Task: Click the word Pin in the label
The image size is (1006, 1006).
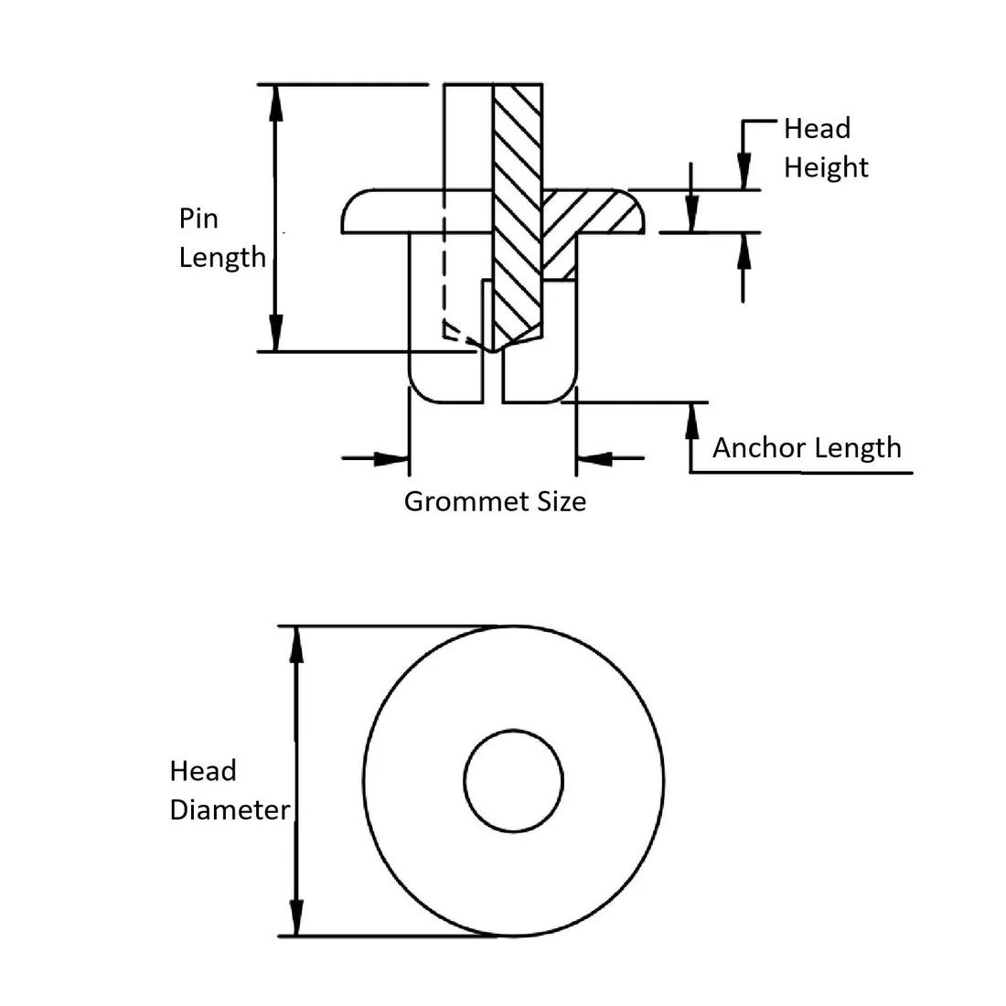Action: (x=198, y=219)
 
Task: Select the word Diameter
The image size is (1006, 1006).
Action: (x=230, y=810)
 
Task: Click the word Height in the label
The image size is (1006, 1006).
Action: (x=826, y=167)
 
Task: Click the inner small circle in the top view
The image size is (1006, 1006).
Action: (x=513, y=781)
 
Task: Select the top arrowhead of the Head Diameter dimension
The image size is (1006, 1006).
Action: (x=295, y=644)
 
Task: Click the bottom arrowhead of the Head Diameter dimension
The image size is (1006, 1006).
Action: (x=295, y=918)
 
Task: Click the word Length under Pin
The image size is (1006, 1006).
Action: (x=221, y=258)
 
